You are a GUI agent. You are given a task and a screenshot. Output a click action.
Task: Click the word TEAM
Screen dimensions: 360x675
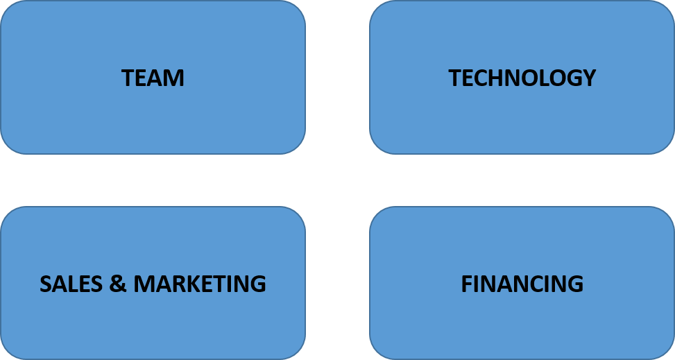coord(153,78)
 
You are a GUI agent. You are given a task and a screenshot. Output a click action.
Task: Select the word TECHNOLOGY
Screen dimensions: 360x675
coord(522,78)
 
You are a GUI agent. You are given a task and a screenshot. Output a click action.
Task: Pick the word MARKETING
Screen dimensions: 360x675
coord(199,284)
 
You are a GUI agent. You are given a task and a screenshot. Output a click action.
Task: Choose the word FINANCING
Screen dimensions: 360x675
coord(522,284)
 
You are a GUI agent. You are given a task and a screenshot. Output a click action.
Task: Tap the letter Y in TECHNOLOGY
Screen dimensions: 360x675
coord(590,78)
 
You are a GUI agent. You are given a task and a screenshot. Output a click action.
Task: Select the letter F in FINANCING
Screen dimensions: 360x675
coord(466,284)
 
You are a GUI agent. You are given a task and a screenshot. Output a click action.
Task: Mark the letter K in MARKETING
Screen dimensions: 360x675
coord(191,284)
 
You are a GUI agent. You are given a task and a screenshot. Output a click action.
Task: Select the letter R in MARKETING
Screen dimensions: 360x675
coord(175,284)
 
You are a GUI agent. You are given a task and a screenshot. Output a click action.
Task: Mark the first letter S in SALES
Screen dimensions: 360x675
coord(46,284)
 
